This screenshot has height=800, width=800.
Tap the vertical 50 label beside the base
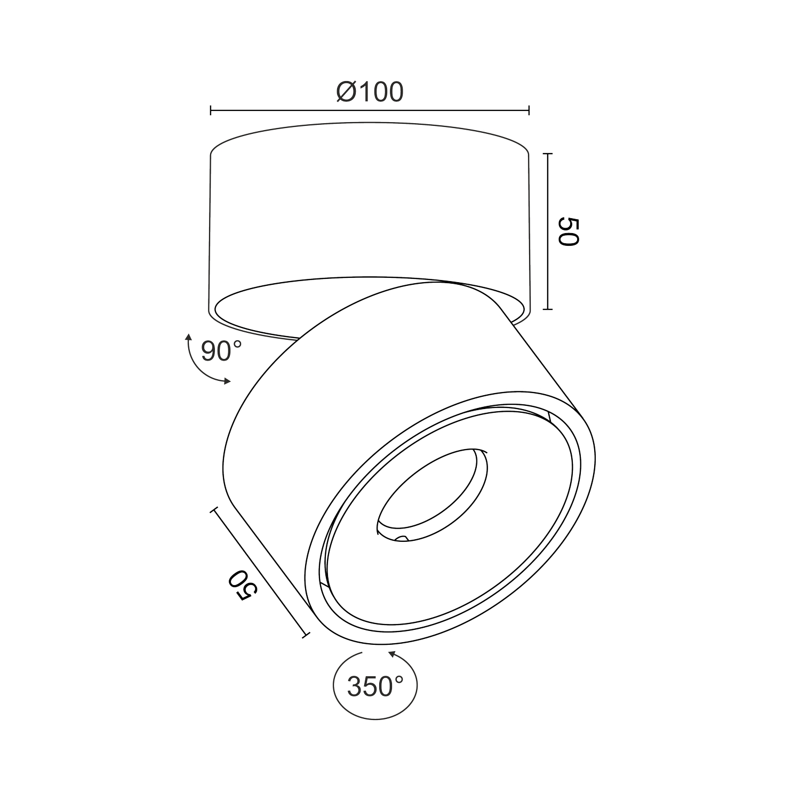pos(568,231)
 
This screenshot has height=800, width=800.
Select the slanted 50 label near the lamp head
pos(243,586)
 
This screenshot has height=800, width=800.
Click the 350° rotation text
pos(375,686)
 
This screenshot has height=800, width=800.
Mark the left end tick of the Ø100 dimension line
pos(211,110)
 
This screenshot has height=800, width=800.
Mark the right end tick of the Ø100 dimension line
pos(529,110)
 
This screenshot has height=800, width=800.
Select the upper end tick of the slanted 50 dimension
pos(215,510)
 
